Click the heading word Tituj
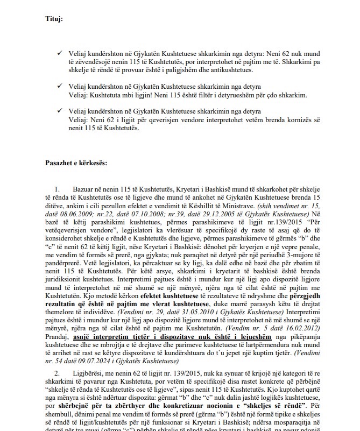(54, 19)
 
